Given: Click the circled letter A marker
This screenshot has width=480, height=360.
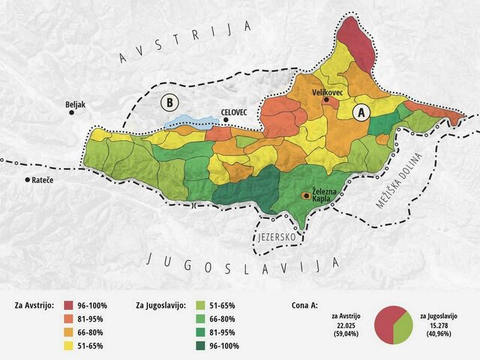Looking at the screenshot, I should (361, 112).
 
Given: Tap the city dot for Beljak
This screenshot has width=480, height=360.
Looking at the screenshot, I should (72, 112).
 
